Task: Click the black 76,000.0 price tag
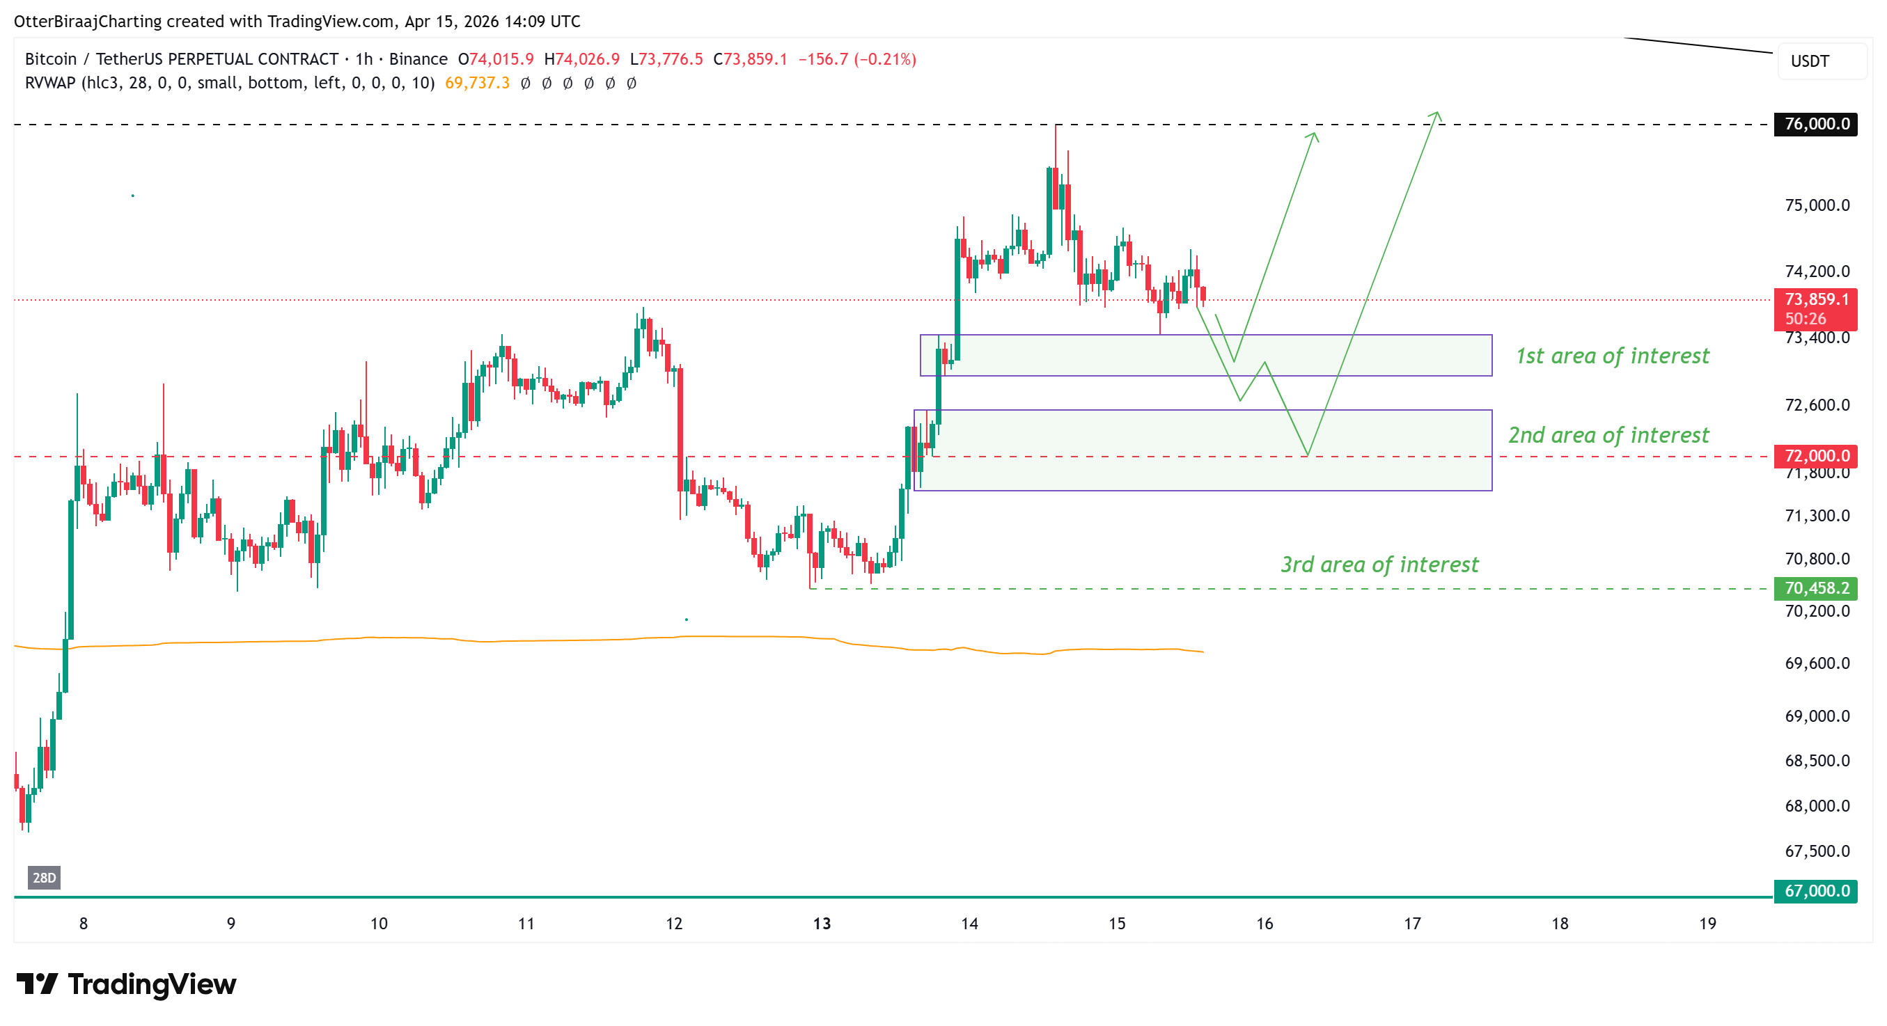(x=1815, y=124)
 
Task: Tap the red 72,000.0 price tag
(x=1815, y=455)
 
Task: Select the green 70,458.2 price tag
(x=1815, y=588)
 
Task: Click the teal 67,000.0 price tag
(x=1815, y=890)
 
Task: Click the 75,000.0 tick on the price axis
(x=1817, y=205)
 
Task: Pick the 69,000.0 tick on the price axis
(x=1817, y=716)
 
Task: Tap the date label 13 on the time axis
(x=821, y=924)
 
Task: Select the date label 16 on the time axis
(x=1264, y=924)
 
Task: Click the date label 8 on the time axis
(x=84, y=924)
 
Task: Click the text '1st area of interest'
(x=1611, y=356)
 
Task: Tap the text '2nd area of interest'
(x=1608, y=435)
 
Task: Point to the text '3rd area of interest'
(x=1379, y=565)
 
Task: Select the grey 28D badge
(x=44, y=877)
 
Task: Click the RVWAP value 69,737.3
(x=477, y=83)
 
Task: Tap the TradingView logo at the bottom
(x=126, y=984)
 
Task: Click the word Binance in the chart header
(x=418, y=58)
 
